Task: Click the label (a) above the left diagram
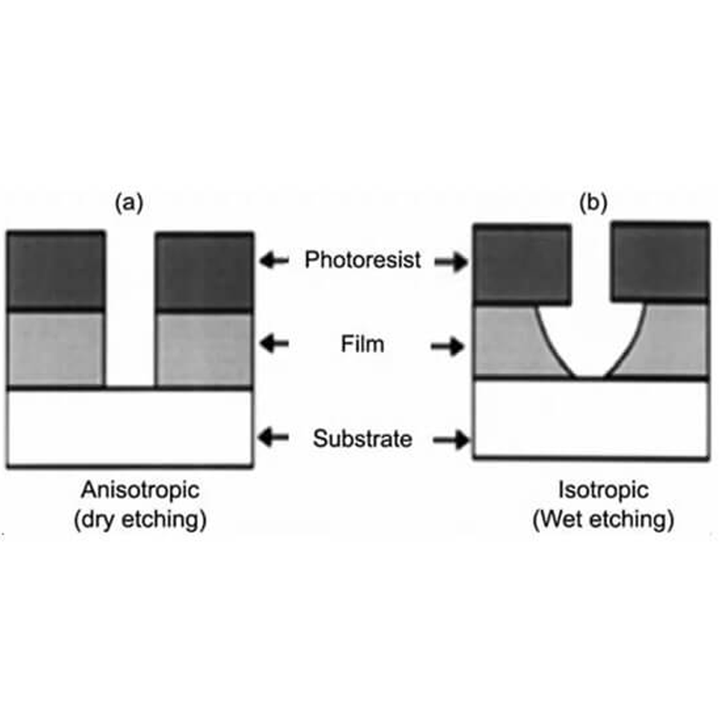128,203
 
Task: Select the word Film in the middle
363,345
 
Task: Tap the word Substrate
363,439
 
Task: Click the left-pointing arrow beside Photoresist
274,261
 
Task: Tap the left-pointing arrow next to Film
274,345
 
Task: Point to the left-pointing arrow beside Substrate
274,438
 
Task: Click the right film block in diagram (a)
204,349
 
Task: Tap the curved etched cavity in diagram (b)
590,340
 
